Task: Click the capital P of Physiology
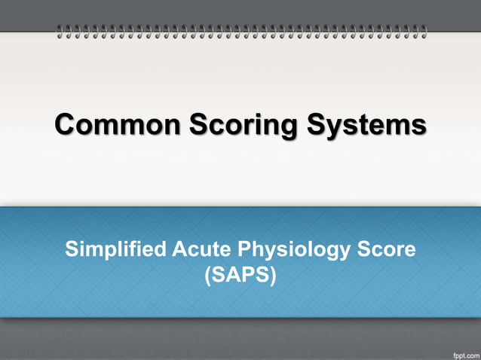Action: coord(244,249)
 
